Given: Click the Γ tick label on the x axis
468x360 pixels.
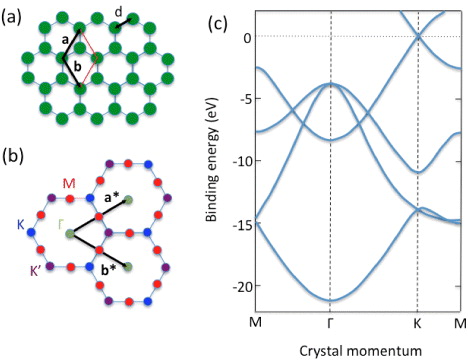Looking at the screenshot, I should pyautogui.click(x=330, y=322).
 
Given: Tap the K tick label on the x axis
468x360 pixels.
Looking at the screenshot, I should pyautogui.click(x=417, y=322).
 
